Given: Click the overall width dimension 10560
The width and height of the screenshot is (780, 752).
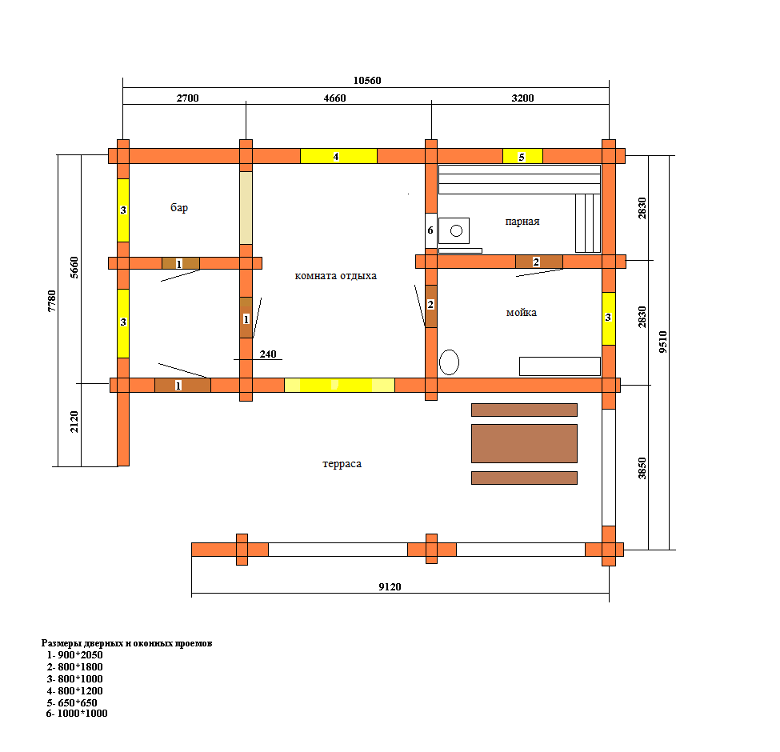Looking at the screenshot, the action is coord(367,81).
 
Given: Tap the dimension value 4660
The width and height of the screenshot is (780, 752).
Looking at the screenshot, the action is coord(334,98).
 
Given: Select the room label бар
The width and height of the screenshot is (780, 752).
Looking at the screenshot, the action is coord(179,207).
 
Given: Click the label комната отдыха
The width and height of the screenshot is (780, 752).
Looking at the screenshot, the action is coord(336,275).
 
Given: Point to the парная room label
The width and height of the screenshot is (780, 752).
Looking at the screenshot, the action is coord(522,222).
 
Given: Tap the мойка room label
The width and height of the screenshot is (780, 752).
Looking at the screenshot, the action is coord(522,312).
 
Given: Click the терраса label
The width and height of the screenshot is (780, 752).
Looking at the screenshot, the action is coord(342,464).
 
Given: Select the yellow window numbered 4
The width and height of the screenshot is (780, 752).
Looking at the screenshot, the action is coord(338,156).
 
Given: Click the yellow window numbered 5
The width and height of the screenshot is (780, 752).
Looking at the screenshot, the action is coord(522,156).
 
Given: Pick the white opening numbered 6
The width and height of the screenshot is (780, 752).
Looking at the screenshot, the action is coord(430,230).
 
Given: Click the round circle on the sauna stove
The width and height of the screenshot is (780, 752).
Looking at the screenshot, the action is coord(456,230).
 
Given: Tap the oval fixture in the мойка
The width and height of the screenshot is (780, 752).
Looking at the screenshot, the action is coord(449,362).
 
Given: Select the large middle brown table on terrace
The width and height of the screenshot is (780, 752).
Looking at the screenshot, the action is coord(524,443).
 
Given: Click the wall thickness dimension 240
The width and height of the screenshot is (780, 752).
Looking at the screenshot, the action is coord(268,354).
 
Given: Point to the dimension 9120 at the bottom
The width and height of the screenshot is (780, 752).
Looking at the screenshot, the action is coord(390,587).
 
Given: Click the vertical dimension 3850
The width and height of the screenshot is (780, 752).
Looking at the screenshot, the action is coord(642,468).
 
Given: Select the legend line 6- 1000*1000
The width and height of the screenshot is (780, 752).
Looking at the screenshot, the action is coord(77,714).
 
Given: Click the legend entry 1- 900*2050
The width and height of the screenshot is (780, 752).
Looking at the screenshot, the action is coord(74,655).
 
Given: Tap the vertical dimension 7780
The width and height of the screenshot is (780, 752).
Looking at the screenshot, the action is coord(52,301).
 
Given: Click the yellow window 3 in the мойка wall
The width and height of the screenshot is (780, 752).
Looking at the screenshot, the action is coord(608,318).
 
